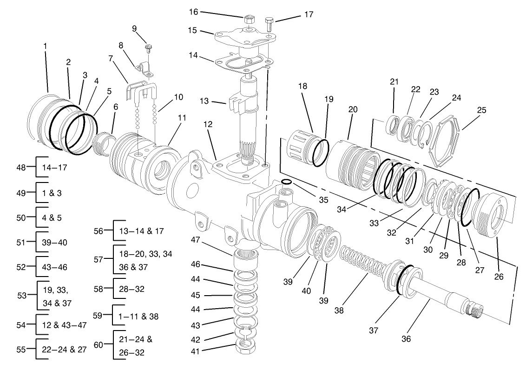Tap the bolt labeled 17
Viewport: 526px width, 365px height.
(x=269, y=22)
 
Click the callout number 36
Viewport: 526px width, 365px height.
(x=406, y=339)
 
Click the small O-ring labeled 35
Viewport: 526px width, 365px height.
(x=287, y=182)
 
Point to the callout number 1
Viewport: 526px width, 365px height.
(x=45, y=47)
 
